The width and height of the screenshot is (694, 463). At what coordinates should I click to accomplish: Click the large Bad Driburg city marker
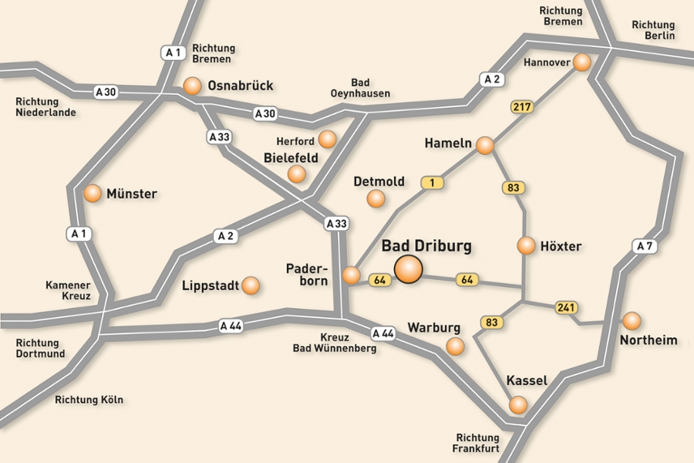pos(409,269)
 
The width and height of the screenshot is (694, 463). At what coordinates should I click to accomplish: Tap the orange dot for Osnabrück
pos(192,86)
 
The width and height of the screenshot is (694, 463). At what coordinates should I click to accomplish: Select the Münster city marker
pos(93,194)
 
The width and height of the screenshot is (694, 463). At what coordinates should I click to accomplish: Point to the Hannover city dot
pos(582,62)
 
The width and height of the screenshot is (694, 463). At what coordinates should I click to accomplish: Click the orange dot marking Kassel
pos(518,404)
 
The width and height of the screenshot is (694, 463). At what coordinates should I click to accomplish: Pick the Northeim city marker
pos(632,320)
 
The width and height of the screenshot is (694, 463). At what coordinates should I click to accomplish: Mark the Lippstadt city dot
pos(251,286)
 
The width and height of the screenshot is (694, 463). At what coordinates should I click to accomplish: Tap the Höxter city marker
pos(526,246)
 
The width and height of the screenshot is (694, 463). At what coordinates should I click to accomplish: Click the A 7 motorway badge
pos(645,246)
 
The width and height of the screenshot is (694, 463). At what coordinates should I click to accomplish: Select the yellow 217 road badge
pos(522,106)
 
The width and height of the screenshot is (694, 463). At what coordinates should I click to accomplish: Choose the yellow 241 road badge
pos(567,308)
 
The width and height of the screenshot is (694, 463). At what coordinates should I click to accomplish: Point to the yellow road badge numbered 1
pos(433,183)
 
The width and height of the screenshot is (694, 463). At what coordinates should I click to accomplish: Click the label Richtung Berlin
pos(653,30)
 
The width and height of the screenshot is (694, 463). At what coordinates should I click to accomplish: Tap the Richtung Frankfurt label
pos(477,442)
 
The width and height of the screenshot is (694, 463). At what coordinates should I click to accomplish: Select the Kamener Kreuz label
pos(68,290)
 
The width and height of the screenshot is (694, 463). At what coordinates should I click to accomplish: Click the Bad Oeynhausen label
pos(361,88)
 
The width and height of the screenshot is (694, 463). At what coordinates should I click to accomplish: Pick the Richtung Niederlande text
pos(45,106)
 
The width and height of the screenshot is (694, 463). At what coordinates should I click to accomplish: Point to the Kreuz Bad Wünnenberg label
pos(335,343)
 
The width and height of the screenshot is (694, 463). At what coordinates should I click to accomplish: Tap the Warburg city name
pos(433,327)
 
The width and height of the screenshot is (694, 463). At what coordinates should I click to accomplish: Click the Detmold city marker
pos(376,199)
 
